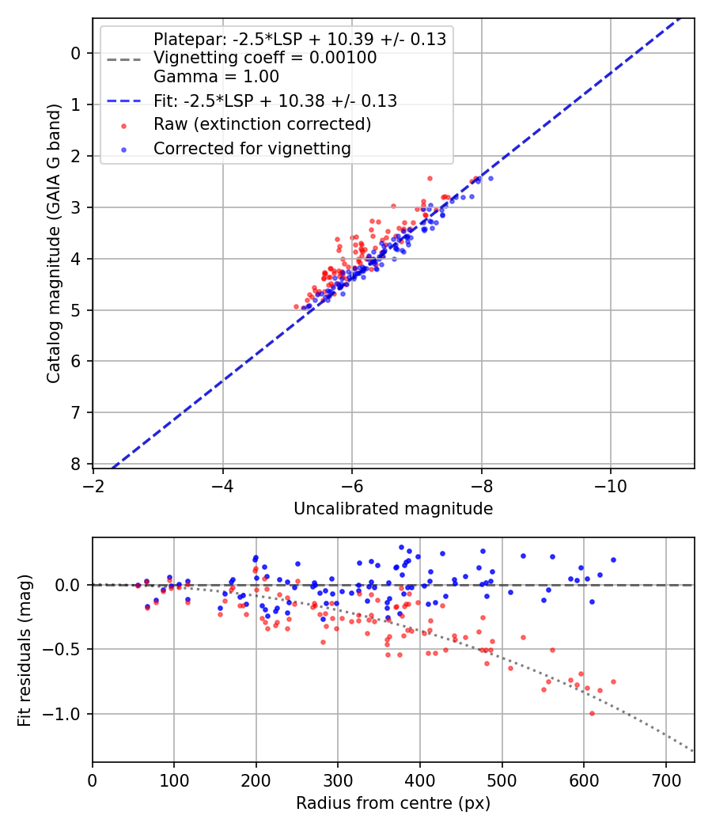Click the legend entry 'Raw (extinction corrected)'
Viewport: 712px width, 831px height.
[262, 124]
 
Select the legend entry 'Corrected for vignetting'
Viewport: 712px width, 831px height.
[252, 148]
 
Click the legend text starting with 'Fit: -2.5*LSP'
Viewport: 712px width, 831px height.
[275, 101]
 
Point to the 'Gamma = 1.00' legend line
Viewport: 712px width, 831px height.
[216, 77]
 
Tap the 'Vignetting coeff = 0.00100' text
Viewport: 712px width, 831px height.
[265, 58]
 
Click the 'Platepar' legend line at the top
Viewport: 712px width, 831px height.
[299, 39]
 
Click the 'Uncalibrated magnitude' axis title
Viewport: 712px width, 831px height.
[393, 509]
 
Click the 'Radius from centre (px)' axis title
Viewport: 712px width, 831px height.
[393, 803]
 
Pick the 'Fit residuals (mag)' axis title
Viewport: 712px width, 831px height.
[25, 649]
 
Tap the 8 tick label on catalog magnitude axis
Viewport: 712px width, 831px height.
[77, 464]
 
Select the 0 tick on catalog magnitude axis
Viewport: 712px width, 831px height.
[77, 53]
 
